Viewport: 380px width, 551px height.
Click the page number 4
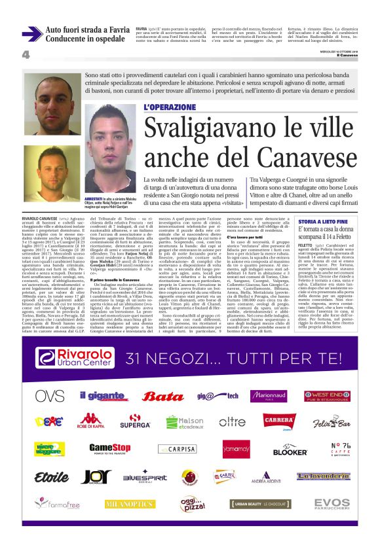(x=26, y=55)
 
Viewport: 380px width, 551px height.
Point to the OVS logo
(x=50, y=396)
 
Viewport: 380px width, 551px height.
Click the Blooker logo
(x=271, y=450)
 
